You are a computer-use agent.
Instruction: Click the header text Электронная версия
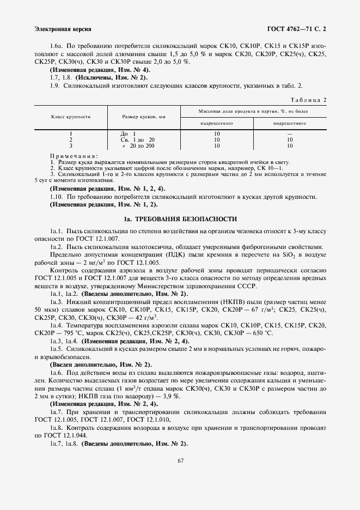click(x=63, y=28)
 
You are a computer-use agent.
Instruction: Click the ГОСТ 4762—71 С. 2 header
click(x=297, y=28)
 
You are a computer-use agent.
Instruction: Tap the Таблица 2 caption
click(x=308, y=100)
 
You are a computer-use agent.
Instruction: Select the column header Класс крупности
click(x=71, y=117)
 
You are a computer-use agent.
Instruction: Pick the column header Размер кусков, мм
click(x=144, y=117)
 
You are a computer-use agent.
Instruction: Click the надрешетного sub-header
click(x=217, y=123)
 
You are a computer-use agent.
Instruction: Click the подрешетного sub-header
click(x=289, y=123)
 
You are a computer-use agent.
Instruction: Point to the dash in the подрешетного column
click(x=289, y=134)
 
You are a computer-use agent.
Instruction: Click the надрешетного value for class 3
click(x=217, y=146)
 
